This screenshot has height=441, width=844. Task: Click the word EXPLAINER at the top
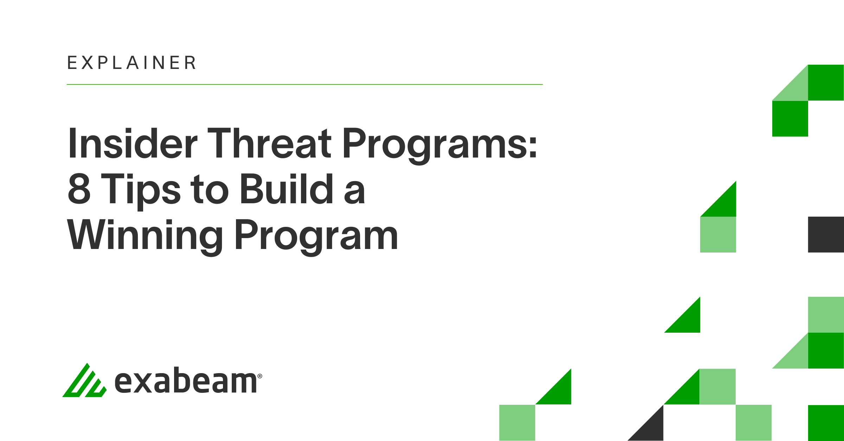click(x=132, y=63)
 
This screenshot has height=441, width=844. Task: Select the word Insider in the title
click(x=133, y=143)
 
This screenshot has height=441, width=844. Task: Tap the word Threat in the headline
click(x=269, y=143)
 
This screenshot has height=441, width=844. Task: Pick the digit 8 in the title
click(x=79, y=189)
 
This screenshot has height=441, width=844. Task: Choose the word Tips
click(x=141, y=192)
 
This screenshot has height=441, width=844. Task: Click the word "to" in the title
click(x=210, y=190)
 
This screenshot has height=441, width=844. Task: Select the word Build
click(x=287, y=189)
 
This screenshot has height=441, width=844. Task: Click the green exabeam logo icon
click(x=84, y=380)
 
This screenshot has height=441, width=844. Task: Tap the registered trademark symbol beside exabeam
click(x=260, y=376)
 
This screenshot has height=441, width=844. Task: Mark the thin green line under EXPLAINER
click(x=305, y=84)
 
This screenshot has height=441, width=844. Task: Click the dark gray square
click(x=826, y=235)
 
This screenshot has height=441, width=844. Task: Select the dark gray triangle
click(x=651, y=428)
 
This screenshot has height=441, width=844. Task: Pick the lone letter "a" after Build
click(x=354, y=193)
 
